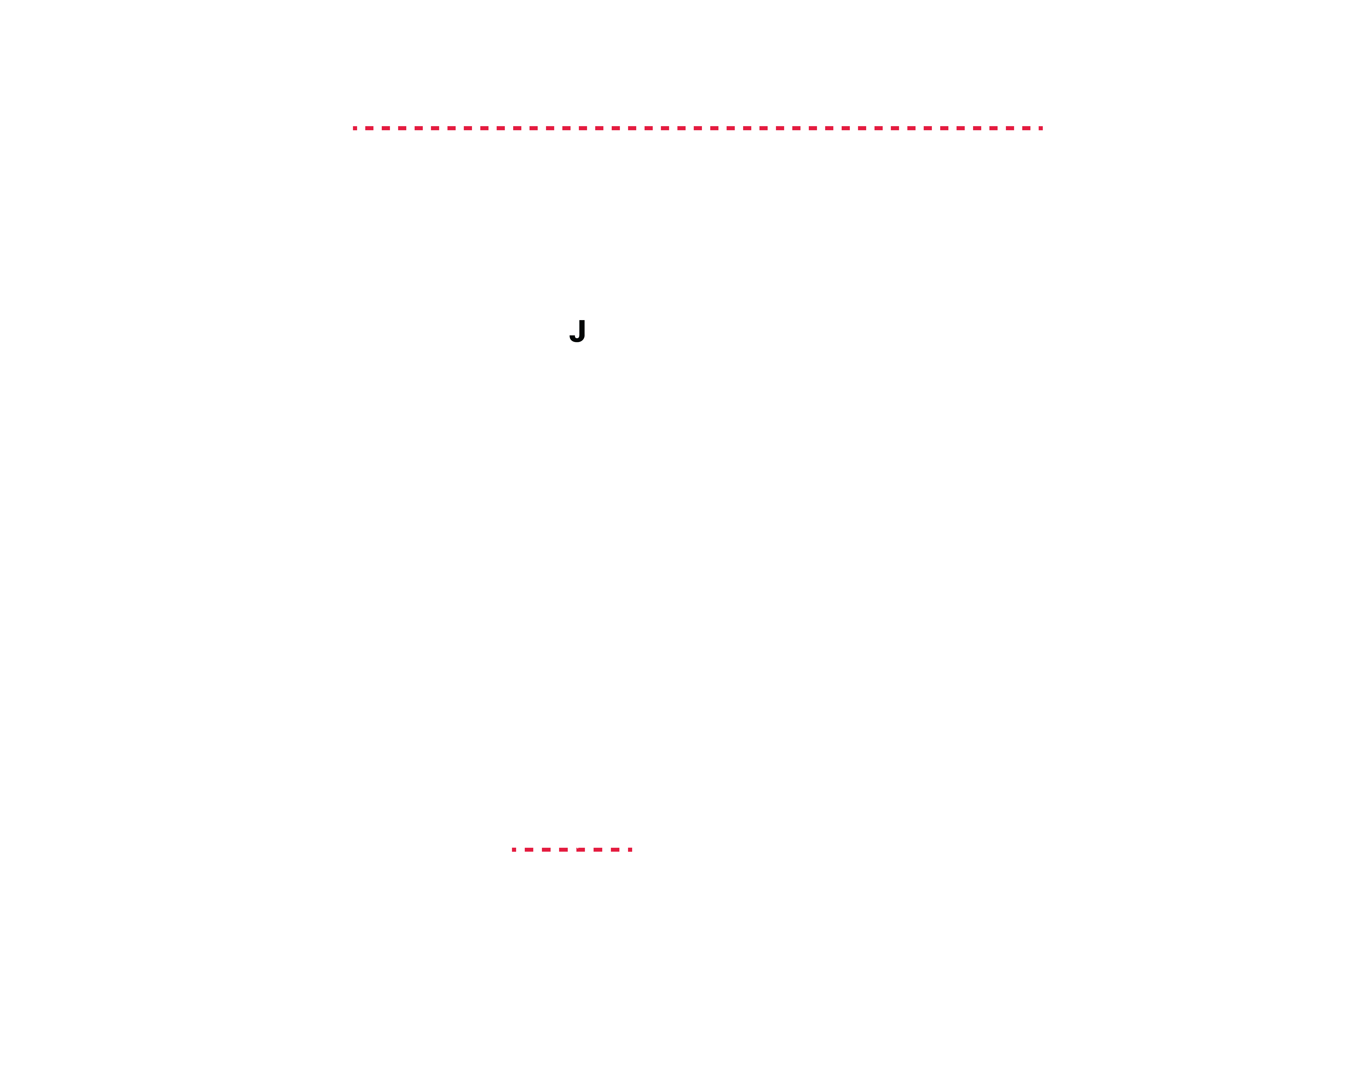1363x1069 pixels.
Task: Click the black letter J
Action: tap(578, 330)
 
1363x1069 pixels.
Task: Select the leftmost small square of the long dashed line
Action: tap(355, 128)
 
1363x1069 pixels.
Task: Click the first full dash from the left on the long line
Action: tap(369, 128)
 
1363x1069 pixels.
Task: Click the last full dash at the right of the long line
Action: tap(1026, 128)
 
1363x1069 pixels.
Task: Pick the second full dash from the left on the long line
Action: tap(386, 128)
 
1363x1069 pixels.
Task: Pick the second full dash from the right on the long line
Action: tap(1010, 128)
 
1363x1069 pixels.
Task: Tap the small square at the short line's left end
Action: tap(514, 849)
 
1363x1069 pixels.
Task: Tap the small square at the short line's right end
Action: tap(630, 849)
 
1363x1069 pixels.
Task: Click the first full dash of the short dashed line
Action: tap(529, 849)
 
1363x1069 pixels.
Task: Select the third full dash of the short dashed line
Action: tap(563, 849)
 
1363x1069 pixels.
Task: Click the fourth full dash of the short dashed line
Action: tap(581, 849)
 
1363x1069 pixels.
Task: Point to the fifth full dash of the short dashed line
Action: tap(598, 849)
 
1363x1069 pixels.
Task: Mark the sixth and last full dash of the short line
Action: tap(615, 849)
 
